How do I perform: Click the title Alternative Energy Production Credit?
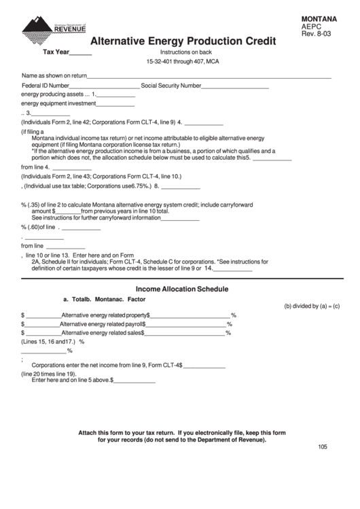(x=183, y=41)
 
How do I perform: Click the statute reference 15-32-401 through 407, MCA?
(x=183, y=61)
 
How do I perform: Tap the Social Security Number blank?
(x=235, y=86)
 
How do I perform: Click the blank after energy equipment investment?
(x=115, y=104)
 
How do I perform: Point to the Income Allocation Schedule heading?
(x=182, y=289)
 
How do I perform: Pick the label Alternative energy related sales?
(x=102, y=333)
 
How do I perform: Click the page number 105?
(x=322, y=446)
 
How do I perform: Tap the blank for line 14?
(x=233, y=268)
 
